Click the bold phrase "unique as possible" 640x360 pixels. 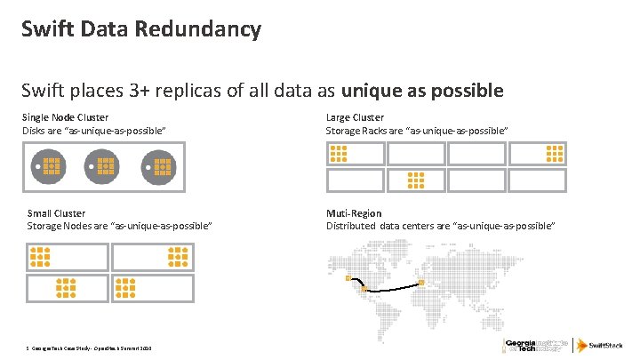pyautogui.click(x=435, y=90)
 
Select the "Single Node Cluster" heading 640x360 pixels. pyautogui.click(x=67, y=117)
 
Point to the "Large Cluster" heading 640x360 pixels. pyautogui.click(x=356, y=117)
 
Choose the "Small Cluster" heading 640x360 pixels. pyautogui.click(x=57, y=213)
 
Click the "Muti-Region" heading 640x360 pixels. pyautogui.click(x=354, y=213)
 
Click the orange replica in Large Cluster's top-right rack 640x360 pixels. pyautogui.click(x=555, y=153)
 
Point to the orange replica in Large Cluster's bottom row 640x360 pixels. pyautogui.click(x=415, y=180)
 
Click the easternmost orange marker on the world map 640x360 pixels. pyautogui.click(x=421, y=283)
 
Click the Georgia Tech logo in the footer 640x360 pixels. pyautogui.click(x=534, y=345)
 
